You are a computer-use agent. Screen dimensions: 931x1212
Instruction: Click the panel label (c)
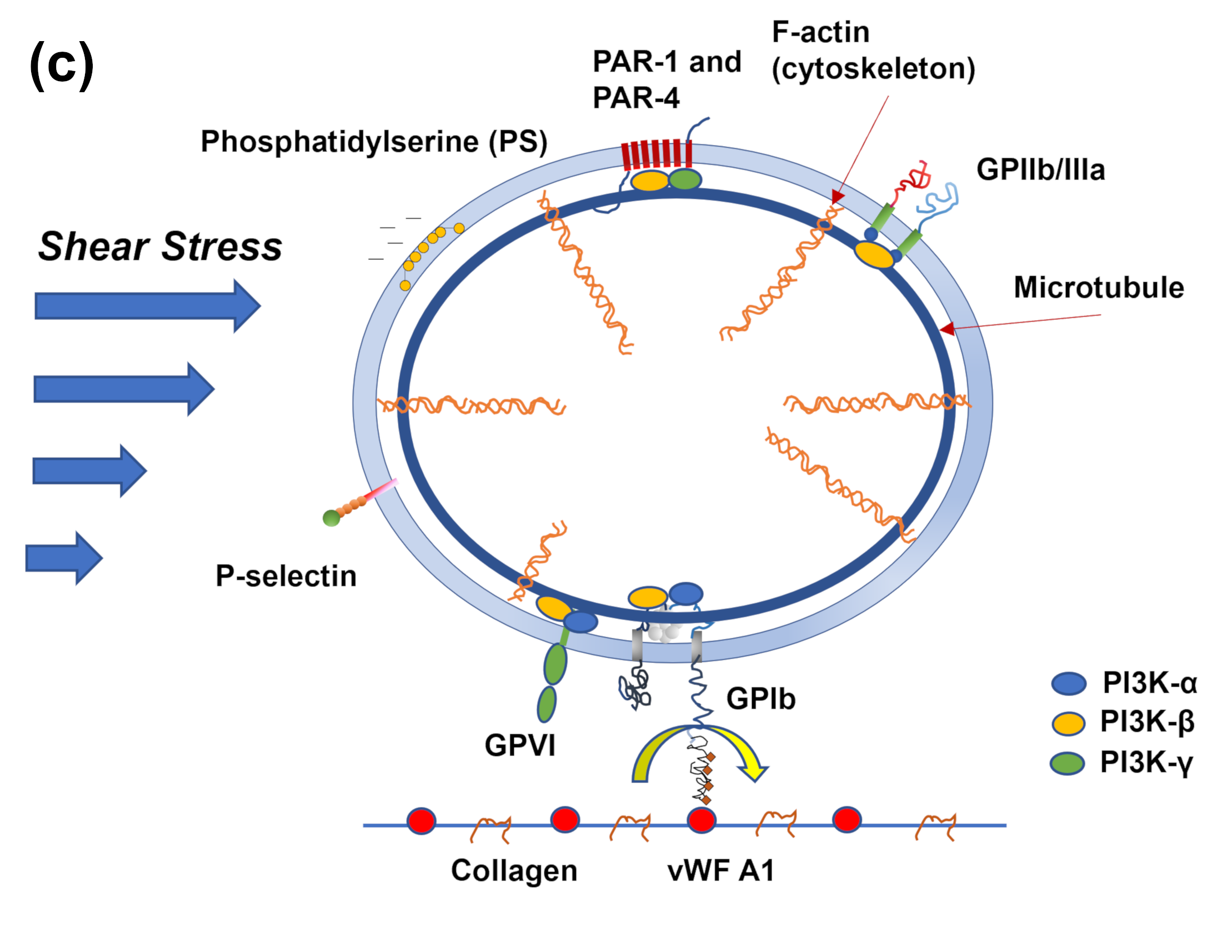[62, 65]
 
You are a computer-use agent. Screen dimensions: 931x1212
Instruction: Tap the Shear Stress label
[160, 247]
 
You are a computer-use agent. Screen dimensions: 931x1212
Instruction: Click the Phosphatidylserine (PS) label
[374, 142]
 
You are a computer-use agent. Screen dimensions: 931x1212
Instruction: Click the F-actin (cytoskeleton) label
[873, 51]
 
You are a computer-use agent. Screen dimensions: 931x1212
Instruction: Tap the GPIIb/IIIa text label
[1040, 170]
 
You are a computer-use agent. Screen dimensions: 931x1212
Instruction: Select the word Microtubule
[1099, 288]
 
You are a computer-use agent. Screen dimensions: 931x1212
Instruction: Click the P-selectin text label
[286, 576]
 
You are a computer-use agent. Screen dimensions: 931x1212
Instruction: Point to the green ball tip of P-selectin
[332, 518]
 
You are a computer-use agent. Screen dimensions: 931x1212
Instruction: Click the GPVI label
[520, 745]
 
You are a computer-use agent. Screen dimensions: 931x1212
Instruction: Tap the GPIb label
[761, 699]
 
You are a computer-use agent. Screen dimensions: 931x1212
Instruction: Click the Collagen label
[514, 870]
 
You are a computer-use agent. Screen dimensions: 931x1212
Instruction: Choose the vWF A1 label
[720, 870]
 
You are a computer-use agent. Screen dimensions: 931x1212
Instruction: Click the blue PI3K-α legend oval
[1069, 683]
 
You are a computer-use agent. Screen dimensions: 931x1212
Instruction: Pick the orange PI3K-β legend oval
[1069, 723]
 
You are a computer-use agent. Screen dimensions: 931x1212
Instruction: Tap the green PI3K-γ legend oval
[1068, 763]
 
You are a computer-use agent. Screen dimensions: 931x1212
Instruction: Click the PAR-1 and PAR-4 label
[667, 79]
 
